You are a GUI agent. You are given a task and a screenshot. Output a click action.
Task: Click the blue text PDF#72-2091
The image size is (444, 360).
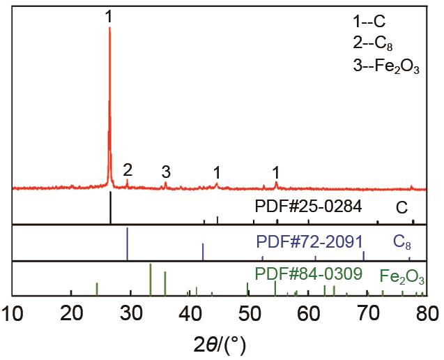309,242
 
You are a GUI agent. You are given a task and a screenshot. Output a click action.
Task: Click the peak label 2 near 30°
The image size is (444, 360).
127,170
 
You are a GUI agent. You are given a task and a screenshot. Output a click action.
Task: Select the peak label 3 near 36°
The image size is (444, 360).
165,172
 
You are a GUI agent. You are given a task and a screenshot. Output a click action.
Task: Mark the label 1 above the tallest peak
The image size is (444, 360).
109,17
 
